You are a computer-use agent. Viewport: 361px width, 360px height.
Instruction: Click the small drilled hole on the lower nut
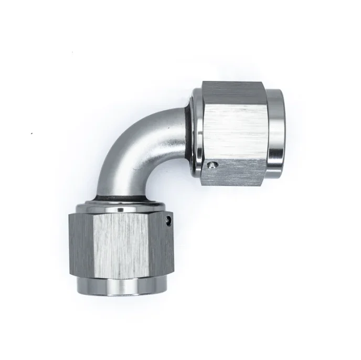pos(169,219)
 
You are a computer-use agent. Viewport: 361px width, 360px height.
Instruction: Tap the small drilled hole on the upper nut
pos(210,166)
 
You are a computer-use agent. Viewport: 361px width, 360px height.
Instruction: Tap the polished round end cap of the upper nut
pos(275,126)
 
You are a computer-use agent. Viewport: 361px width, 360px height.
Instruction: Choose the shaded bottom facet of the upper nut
pos(233,173)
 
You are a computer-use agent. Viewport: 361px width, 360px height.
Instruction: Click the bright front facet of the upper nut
pos(233,131)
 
